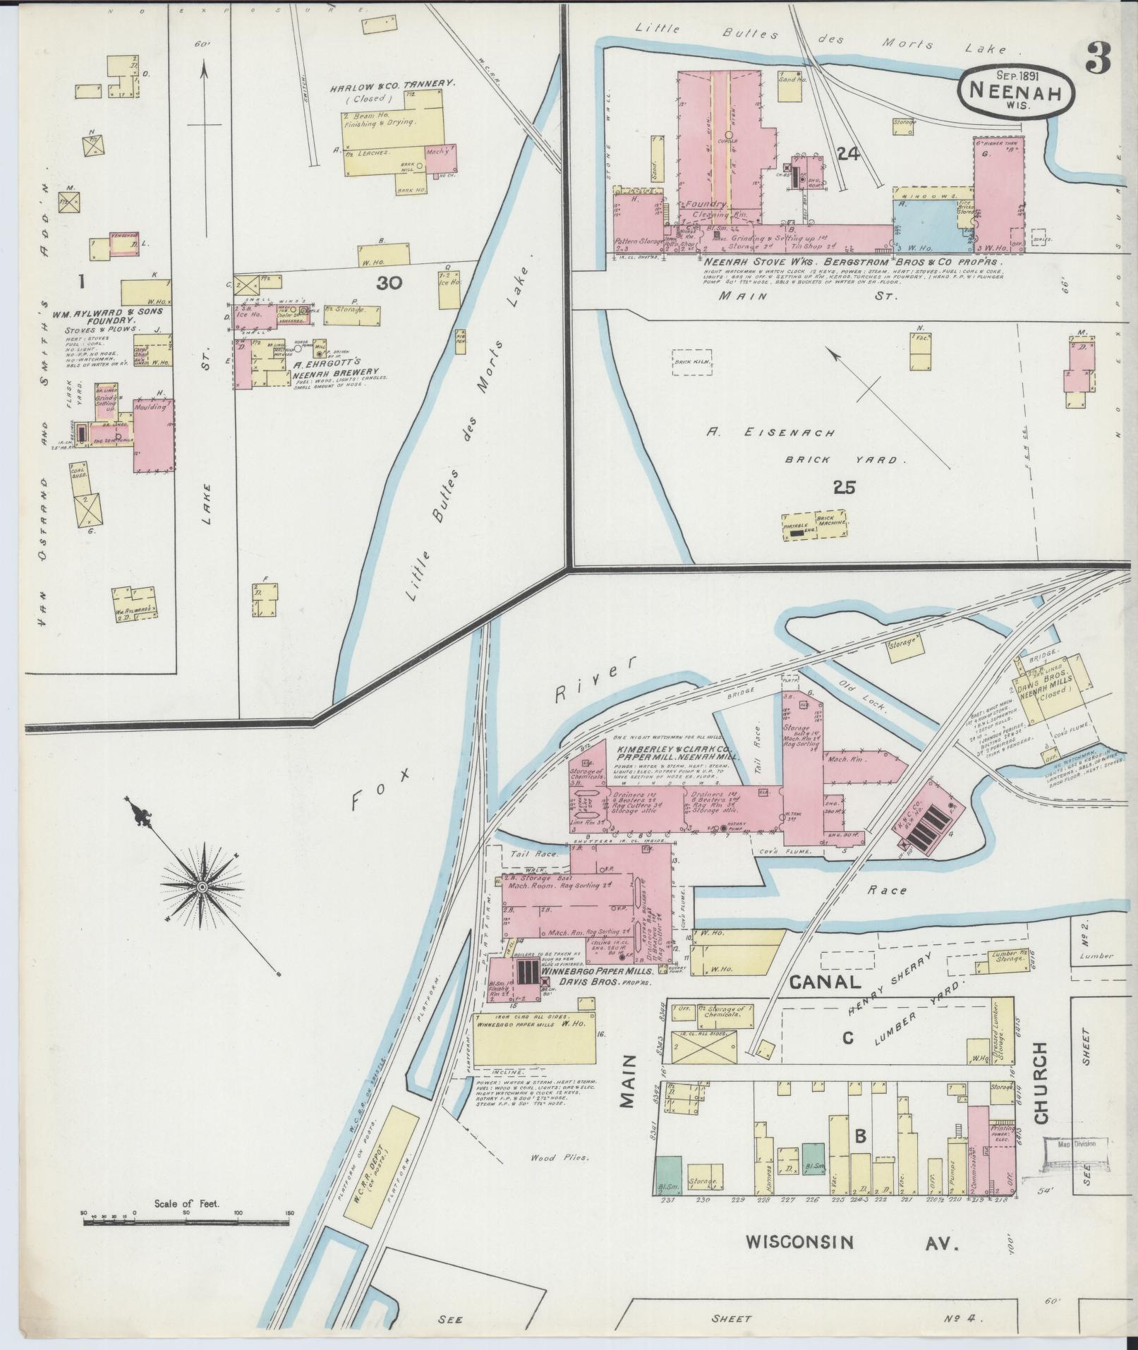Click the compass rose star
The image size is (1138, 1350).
click(202, 886)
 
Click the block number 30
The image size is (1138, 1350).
click(389, 283)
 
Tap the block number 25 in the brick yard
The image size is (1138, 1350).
click(845, 488)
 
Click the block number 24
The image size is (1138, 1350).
click(847, 153)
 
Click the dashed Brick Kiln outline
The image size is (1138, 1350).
click(692, 363)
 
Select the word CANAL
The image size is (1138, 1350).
click(824, 982)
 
